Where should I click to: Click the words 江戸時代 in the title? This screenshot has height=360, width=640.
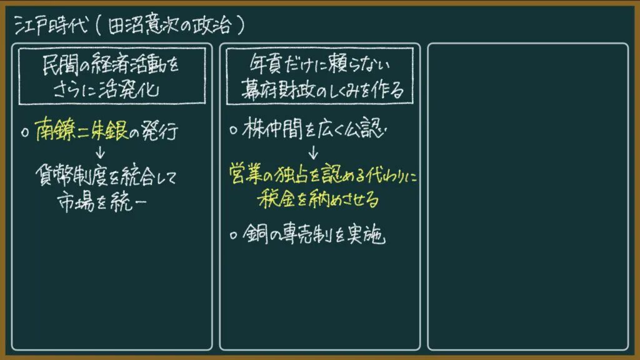(x=51, y=25)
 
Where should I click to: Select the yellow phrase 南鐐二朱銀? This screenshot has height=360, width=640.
(x=82, y=130)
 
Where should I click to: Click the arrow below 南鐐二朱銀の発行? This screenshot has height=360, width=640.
(x=101, y=152)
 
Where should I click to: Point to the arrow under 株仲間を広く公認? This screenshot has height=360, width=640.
(x=313, y=152)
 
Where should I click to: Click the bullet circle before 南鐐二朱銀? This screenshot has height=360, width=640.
(x=25, y=132)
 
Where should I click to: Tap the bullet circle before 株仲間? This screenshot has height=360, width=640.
(x=234, y=131)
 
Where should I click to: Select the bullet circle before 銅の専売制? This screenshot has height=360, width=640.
(x=234, y=236)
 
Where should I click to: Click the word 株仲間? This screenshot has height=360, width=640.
(x=272, y=128)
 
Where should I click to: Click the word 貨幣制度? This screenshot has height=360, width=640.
(x=71, y=176)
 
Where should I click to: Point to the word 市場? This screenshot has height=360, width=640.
(x=76, y=201)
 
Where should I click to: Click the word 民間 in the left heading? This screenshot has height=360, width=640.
(x=61, y=64)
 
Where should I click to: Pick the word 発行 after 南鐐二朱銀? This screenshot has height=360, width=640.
(x=159, y=131)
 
